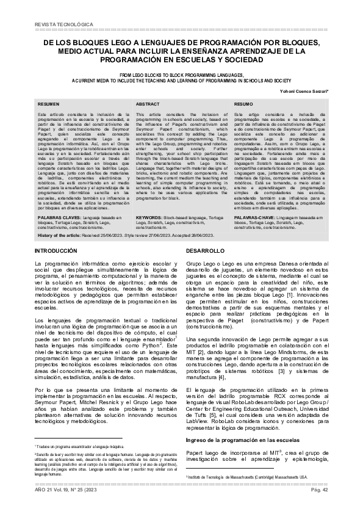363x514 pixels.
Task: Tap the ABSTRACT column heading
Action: click(148, 105)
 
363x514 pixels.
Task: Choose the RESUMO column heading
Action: click(244, 105)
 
